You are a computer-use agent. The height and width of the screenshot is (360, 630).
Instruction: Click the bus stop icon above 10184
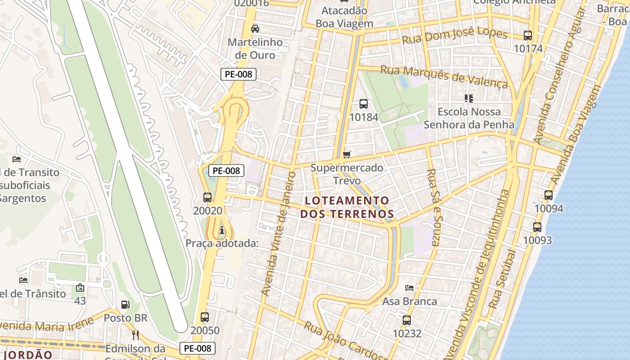coord(364,104)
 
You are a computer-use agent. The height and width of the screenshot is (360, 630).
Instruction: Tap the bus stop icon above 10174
coord(528,35)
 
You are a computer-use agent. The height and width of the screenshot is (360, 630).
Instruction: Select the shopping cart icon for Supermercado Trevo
coord(346,155)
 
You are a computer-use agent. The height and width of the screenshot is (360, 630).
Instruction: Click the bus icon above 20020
coord(207,197)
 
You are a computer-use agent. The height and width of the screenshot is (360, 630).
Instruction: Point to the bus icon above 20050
coord(205,317)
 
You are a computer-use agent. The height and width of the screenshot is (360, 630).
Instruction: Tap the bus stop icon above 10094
coord(549,195)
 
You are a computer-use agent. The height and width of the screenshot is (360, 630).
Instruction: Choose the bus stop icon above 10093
coord(537,227)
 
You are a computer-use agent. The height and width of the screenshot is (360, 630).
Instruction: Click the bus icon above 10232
coord(407,320)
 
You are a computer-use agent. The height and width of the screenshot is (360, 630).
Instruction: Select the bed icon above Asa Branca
coord(409,288)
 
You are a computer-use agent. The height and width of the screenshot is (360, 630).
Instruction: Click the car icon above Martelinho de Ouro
coord(255,29)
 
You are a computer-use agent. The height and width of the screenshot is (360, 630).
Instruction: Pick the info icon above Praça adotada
coord(221,230)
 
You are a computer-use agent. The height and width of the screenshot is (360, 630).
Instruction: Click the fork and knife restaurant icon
coord(135,335)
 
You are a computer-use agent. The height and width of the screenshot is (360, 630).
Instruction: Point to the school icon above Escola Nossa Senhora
coord(469,98)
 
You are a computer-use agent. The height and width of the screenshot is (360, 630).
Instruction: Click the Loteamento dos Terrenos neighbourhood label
coord(347,207)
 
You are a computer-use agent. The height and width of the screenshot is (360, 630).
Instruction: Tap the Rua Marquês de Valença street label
coord(444,77)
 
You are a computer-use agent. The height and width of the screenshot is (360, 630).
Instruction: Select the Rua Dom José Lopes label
coord(454,36)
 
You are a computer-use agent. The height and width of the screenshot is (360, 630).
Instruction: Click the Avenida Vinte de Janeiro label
coord(279,234)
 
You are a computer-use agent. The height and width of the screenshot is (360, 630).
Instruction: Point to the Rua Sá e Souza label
coord(432,207)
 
